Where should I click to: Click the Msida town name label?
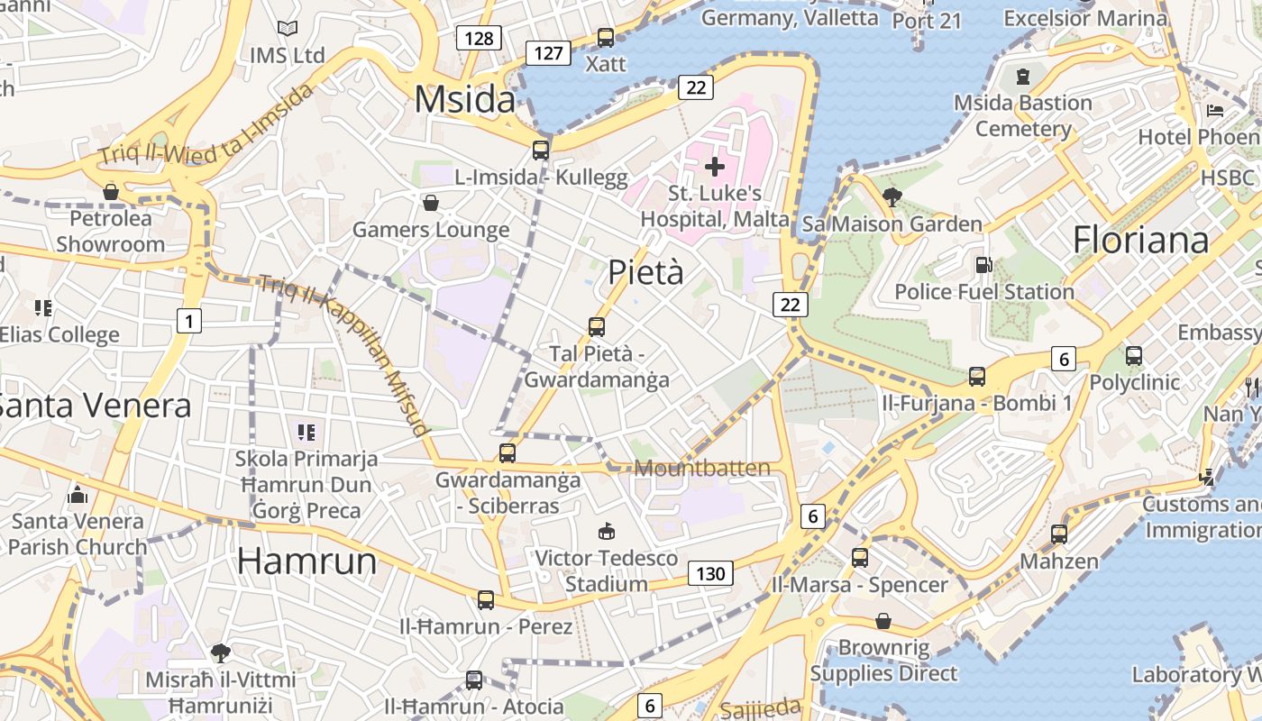point(465,99)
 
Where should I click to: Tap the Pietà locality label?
point(645,272)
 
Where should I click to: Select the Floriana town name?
point(1140,240)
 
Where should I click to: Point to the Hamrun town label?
point(306,561)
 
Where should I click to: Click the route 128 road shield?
point(478,38)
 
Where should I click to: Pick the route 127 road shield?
point(548,53)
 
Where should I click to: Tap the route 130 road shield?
point(710,573)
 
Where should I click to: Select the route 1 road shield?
point(188,320)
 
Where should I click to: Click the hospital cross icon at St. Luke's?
point(715,166)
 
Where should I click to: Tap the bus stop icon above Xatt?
point(606,38)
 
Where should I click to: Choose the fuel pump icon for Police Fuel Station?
point(983,265)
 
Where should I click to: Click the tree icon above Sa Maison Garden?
point(892,196)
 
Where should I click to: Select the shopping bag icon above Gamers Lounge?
point(431,203)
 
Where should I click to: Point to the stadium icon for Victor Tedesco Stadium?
point(606,531)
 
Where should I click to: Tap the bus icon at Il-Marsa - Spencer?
point(860,558)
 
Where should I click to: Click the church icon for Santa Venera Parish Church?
point(78,495)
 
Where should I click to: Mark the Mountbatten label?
point(703,468)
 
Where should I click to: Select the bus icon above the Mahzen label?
point(1059,534)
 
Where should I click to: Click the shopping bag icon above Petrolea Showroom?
point(111,192)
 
